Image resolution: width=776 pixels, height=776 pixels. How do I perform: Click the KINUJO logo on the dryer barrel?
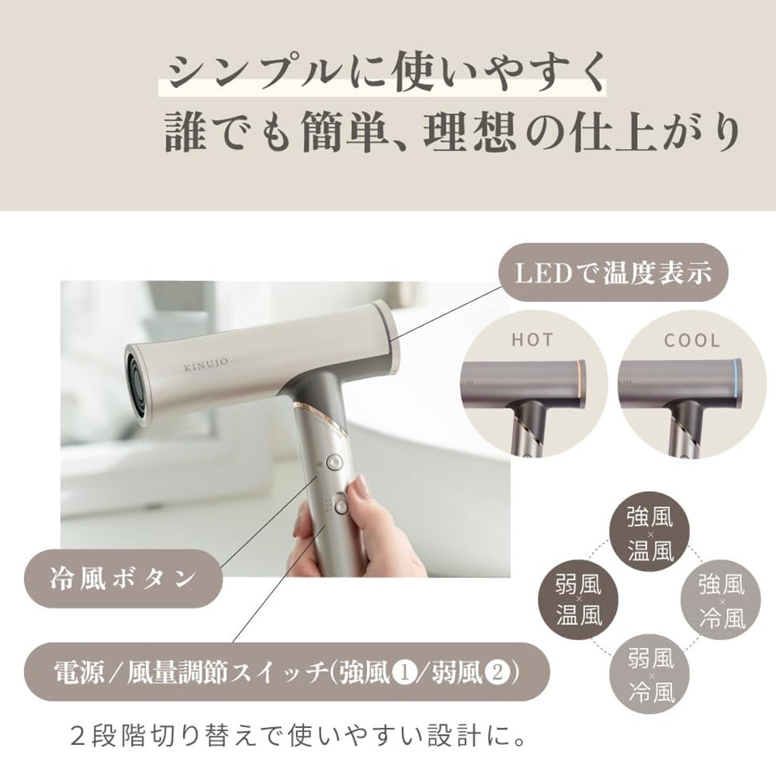coord(206,364)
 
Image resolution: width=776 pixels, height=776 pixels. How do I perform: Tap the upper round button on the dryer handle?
coord(334,462)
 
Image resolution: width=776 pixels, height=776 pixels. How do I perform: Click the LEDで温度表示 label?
coord(614,272)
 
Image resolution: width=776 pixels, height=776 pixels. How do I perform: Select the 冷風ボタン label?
coord(123,579)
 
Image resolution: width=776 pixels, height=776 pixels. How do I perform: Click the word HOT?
coord(532,340)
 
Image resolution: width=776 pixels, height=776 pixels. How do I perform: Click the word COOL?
coord(692,341)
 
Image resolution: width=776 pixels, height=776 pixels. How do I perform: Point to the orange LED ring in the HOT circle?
coord(581,384)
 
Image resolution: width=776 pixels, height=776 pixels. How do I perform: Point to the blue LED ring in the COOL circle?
coord(738,384)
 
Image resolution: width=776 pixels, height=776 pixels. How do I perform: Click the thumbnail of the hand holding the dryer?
coord(285,429)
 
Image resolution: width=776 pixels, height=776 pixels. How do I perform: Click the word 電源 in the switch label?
coord(78,673)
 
